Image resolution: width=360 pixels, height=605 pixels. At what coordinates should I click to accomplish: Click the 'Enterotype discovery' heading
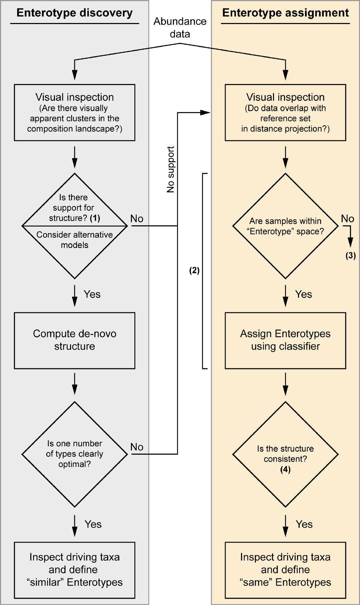74,13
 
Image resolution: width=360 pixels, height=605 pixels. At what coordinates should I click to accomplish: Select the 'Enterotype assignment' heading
285,13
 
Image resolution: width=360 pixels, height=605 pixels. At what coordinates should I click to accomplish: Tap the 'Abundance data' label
180,28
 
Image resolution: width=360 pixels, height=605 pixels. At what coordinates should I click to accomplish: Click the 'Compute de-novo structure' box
75,340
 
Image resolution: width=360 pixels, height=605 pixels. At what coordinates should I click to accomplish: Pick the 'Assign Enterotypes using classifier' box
285,340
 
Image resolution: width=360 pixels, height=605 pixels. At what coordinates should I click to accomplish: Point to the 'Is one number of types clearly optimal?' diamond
75,454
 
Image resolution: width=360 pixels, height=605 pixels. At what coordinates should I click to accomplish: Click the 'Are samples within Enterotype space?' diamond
286,226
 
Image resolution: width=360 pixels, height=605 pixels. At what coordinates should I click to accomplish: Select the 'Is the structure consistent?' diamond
285,454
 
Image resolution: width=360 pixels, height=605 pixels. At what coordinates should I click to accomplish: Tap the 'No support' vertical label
171,169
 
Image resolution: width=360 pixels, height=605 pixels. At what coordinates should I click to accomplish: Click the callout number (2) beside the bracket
194,270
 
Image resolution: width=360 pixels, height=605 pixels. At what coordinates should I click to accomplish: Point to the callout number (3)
350,256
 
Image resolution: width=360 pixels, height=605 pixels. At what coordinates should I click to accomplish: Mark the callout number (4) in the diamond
285,469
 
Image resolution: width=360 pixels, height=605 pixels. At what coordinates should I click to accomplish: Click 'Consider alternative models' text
75,240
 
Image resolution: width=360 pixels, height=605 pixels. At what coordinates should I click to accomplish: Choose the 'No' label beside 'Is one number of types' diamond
137,447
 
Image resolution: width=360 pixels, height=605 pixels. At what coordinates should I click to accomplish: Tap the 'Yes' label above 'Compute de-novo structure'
92,294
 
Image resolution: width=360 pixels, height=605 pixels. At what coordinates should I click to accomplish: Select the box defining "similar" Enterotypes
75,570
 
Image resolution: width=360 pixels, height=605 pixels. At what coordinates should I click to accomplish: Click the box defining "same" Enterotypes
285,570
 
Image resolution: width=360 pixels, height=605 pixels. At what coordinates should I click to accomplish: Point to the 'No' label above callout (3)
347,219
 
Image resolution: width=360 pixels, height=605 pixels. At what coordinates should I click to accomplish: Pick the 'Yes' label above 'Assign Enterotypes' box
303,294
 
